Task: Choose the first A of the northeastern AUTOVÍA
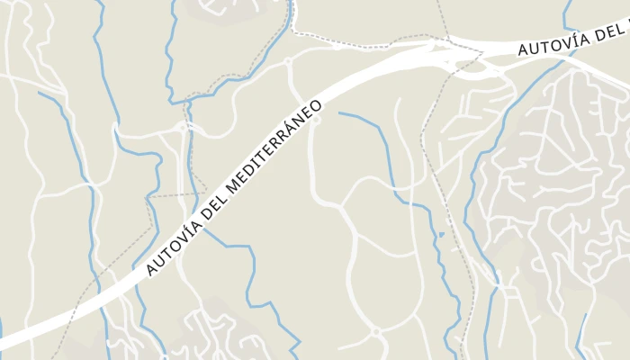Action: click(523, 51)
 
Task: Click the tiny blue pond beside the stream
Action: click(441, 235)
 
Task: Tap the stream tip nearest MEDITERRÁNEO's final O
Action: click(340, 112)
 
